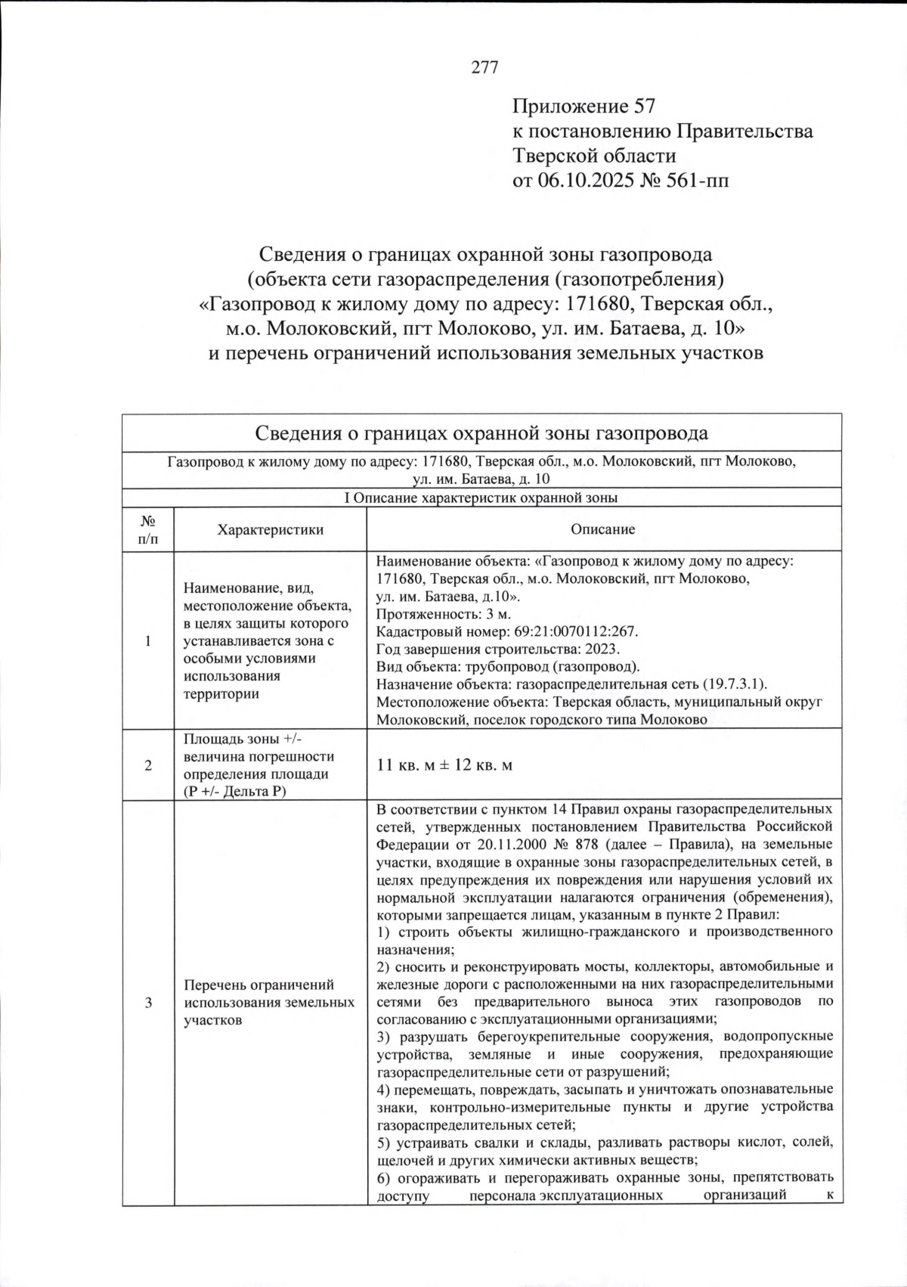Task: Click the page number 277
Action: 485,68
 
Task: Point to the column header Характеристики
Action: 270,529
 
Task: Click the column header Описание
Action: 603,529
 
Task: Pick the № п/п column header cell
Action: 148,529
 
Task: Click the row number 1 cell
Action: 148,641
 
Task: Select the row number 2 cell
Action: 148,765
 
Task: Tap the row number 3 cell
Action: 148,1003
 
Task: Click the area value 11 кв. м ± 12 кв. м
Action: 444,765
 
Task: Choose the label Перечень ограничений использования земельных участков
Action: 269,1003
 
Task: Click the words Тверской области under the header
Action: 594,157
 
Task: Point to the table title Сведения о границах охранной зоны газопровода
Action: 481,433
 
